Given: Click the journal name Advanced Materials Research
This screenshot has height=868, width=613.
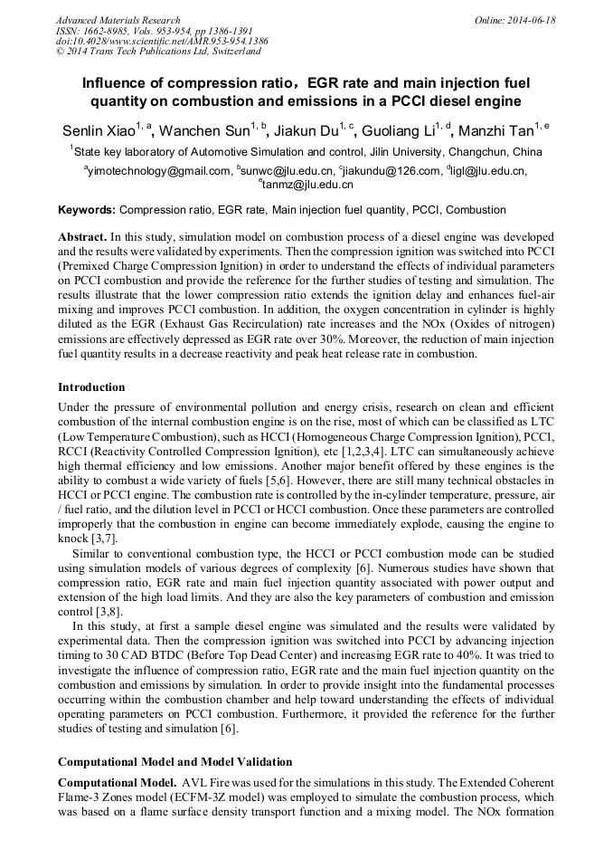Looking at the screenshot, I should (118, 20).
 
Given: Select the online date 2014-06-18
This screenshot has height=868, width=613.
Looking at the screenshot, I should (532, 20).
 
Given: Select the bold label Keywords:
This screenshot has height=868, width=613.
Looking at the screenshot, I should (87, 210).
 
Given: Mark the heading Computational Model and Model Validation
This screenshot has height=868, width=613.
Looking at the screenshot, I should (174, 762).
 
